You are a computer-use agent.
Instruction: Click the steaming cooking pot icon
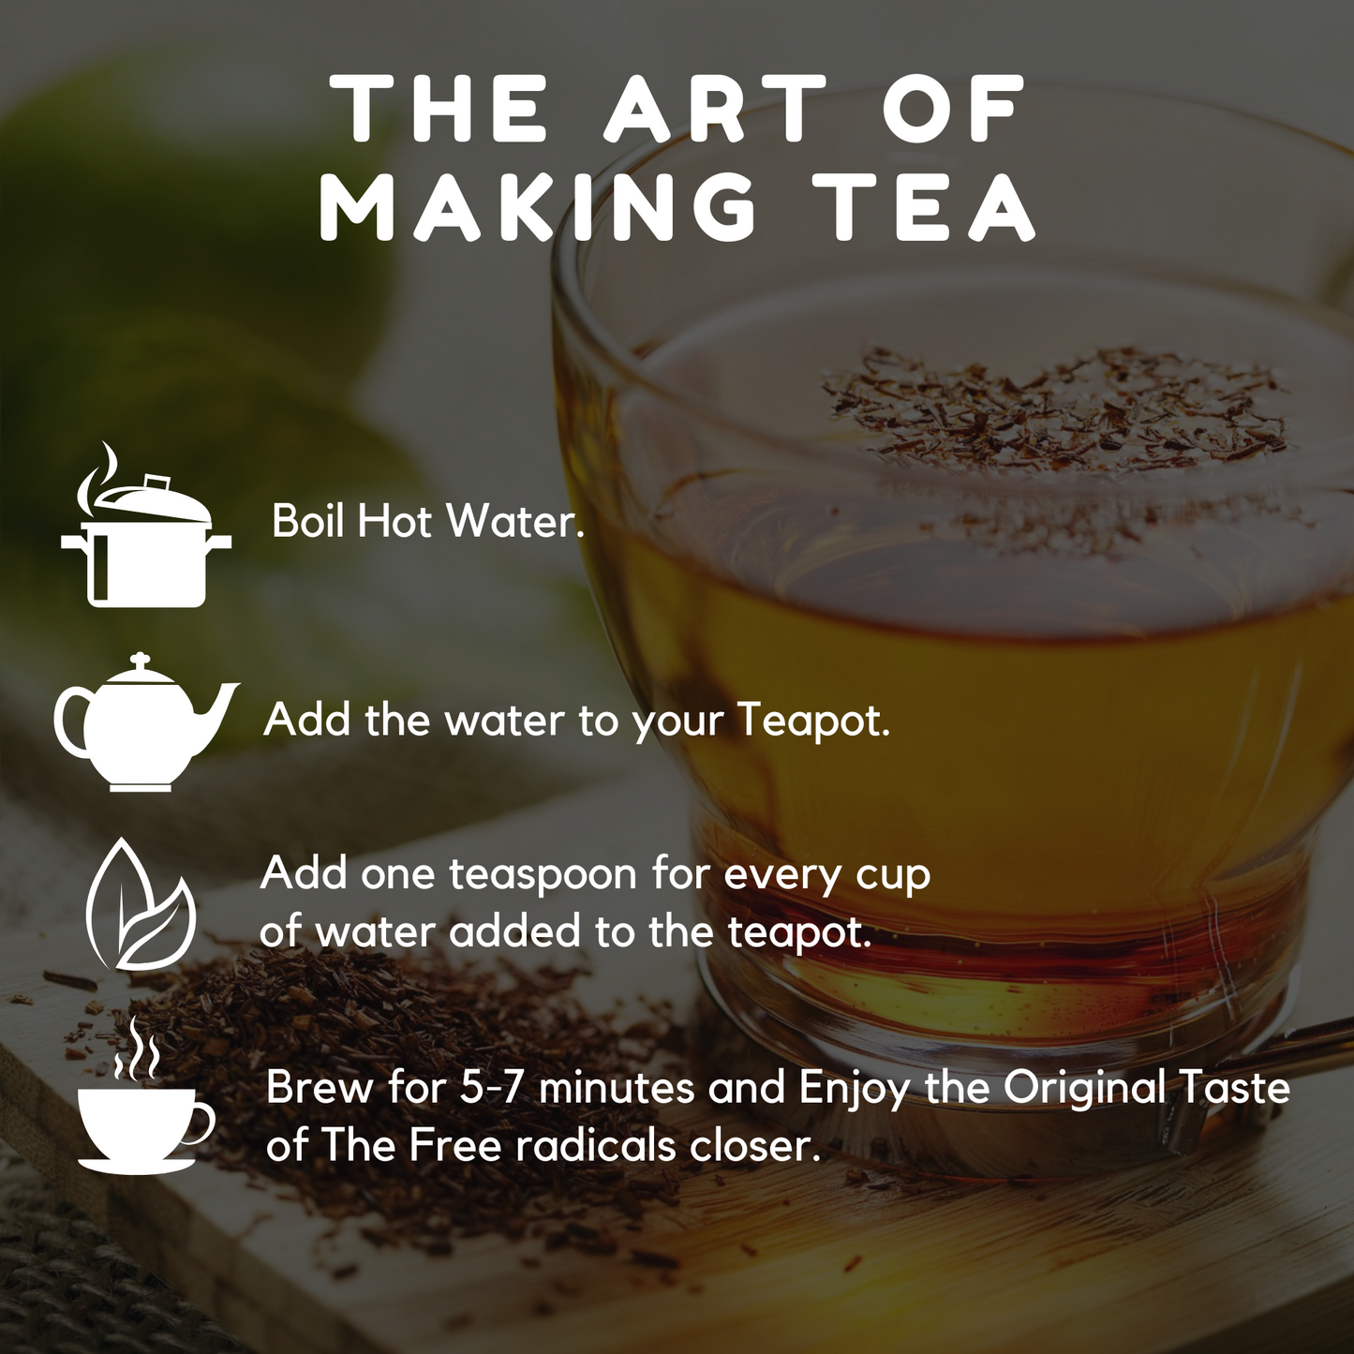[146, 524]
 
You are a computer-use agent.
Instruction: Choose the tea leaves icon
[140, 905]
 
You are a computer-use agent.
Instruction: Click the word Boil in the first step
[309, 521]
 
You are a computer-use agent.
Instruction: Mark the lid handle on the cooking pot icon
[158, 484]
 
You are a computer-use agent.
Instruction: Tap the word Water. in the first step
[515, 521]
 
